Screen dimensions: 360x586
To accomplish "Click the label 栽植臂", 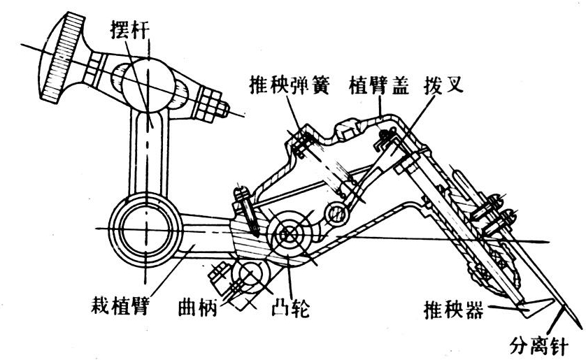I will (119, 306).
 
